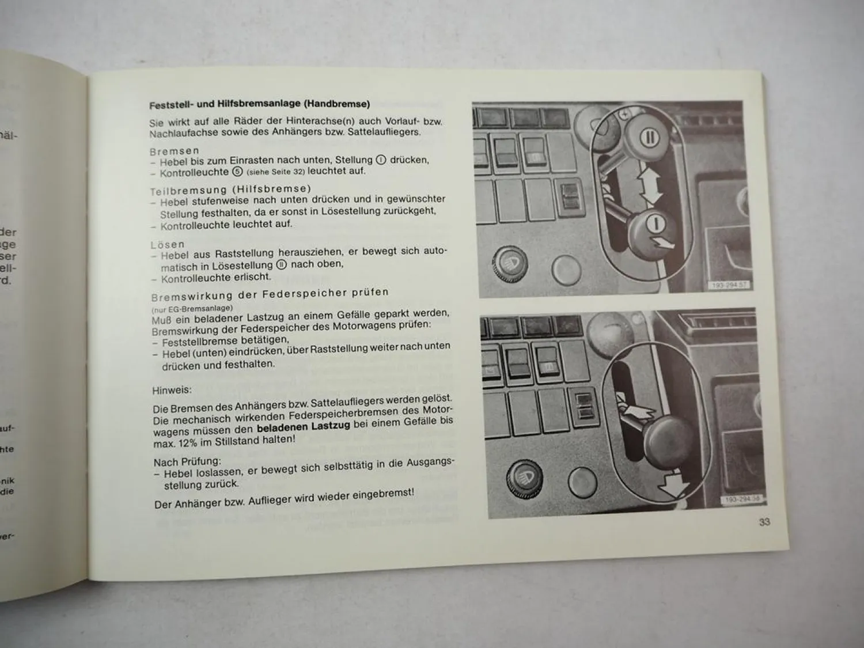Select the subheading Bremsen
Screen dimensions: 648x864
174,151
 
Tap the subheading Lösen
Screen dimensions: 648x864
168,245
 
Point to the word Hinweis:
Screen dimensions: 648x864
172,391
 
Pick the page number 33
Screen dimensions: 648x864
764,522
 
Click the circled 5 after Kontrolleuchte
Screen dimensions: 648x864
237,172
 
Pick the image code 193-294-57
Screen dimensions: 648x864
729,285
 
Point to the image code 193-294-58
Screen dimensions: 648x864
740,499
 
